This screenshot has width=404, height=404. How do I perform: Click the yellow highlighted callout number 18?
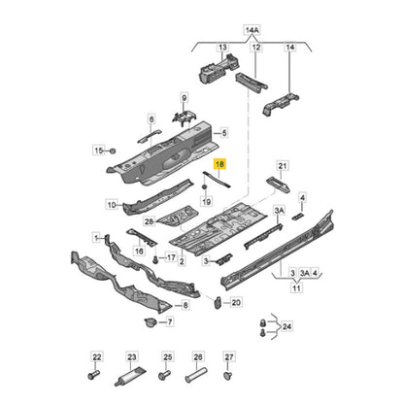219,164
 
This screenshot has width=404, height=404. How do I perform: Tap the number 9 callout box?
184,98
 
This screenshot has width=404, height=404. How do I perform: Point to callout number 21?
283,166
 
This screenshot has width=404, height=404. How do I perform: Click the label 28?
149,221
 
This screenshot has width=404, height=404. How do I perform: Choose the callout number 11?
296,287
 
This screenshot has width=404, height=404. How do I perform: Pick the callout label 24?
286,326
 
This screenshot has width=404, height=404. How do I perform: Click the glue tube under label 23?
129,376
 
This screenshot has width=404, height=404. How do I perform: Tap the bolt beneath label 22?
93,375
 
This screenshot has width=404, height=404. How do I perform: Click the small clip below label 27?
228,375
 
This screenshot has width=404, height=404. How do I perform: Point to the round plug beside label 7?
150,322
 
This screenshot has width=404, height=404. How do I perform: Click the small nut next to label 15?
113,151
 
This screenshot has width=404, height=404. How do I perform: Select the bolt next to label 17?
155,258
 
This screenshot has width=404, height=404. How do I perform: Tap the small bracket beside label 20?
218,302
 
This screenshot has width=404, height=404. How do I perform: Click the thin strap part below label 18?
217,179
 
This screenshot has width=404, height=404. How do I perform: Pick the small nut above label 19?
205,186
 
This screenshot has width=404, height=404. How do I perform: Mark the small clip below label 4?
298,217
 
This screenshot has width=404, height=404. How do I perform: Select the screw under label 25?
164,376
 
